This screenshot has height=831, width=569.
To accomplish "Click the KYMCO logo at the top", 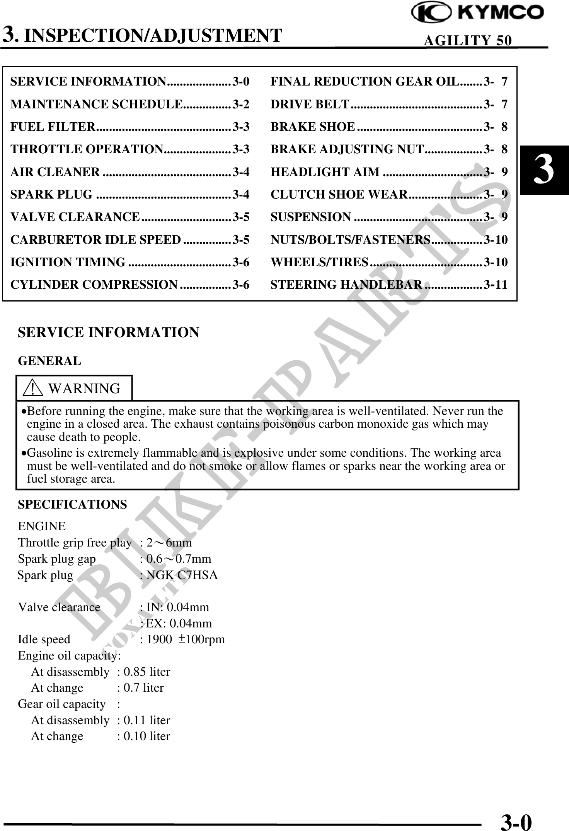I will [478, 13].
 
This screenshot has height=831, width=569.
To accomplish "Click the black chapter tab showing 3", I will [544, 170].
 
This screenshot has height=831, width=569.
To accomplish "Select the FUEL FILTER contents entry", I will [53, 127].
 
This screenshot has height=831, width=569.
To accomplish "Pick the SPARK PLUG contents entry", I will [51, 194].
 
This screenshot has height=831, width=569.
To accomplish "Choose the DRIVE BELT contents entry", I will [310, 105].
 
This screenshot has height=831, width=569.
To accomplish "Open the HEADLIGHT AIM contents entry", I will [325, 172].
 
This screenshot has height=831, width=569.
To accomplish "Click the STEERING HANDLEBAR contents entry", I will [346, 285].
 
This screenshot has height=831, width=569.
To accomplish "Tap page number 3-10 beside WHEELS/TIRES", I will [496, 262].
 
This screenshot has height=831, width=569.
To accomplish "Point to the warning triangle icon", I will [33, 388].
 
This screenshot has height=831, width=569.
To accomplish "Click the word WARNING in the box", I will [84, 388].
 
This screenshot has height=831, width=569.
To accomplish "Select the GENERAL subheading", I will [49, 361].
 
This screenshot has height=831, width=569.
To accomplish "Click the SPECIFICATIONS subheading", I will [72, 505].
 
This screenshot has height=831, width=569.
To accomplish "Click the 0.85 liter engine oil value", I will [147, 672].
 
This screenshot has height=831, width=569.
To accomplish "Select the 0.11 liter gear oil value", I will [147, 720].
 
